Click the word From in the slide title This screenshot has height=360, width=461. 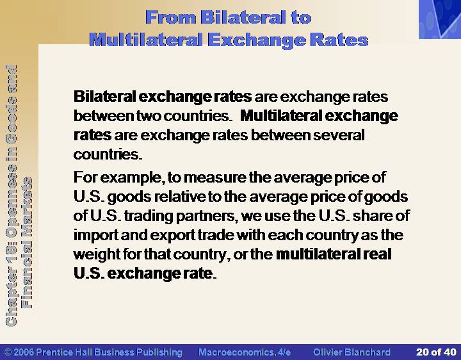pos(171,17)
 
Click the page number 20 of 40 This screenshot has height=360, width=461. pos(436,352)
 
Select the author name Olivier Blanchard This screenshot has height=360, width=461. pos(352,352)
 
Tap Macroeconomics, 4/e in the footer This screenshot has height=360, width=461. pos(245,352)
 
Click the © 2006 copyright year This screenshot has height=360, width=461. pos(19,352)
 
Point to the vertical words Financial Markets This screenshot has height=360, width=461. pos(27,243)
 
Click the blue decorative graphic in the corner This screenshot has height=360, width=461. pos(440,19)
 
